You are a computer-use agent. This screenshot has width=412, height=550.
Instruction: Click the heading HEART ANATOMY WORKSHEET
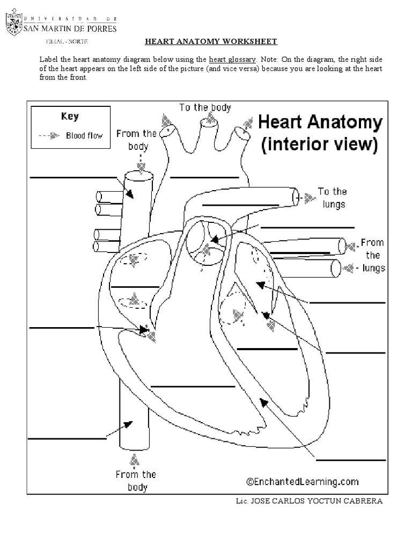tap(211, 41)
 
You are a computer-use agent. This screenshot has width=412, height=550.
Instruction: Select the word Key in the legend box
tap(70, 117)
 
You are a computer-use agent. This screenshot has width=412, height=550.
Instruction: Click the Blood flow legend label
tap(84, 136)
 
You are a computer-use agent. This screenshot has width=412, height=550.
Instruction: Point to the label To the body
tap(205, 107)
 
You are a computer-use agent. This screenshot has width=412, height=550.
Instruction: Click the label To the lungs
tap(332, 198)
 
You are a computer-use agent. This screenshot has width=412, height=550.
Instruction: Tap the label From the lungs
tap(372, 255)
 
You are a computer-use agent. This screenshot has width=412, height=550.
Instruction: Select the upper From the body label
tap(136, 140)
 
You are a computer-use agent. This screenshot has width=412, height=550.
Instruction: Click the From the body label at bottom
tap(135, 481)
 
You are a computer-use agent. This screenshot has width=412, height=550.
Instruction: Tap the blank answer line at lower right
tap(351, 460)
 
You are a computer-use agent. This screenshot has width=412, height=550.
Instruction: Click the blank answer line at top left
tap(72, 177)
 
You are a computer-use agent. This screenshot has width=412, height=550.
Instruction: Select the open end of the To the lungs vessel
tap(296, 197)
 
